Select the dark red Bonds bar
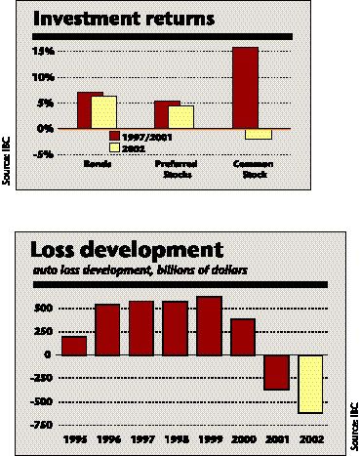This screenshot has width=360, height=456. [90, 110]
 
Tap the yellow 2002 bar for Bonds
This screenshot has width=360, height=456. [103, 112]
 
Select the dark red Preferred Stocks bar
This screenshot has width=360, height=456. [167, 115]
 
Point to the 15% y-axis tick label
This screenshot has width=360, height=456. [44, 51]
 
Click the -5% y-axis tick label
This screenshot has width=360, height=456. [44, 153]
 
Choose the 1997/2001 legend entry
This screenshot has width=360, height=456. [138, 136]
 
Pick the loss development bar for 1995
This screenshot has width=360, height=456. [73, 345]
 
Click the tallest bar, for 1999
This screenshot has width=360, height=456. [209, 325]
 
